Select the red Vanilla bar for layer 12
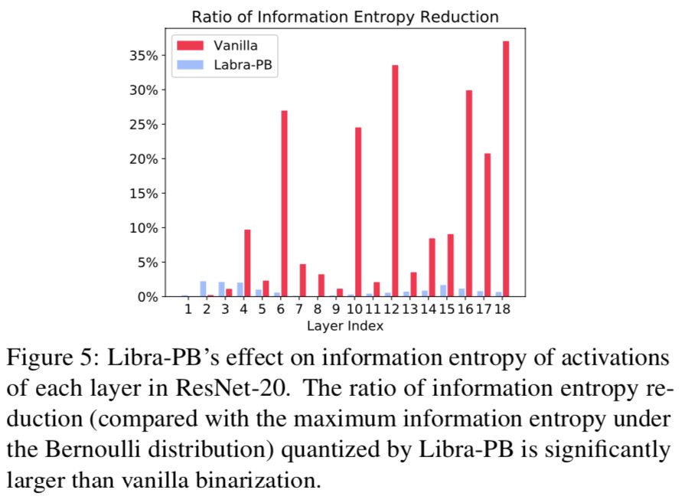395,181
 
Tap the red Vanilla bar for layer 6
284,204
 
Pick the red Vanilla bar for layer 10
358,212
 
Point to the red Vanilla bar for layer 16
469,193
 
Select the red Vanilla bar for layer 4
247,263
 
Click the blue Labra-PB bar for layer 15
443,291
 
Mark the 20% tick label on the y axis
144,158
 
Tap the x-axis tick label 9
336,309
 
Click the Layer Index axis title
345,326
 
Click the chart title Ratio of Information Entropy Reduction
345,16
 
